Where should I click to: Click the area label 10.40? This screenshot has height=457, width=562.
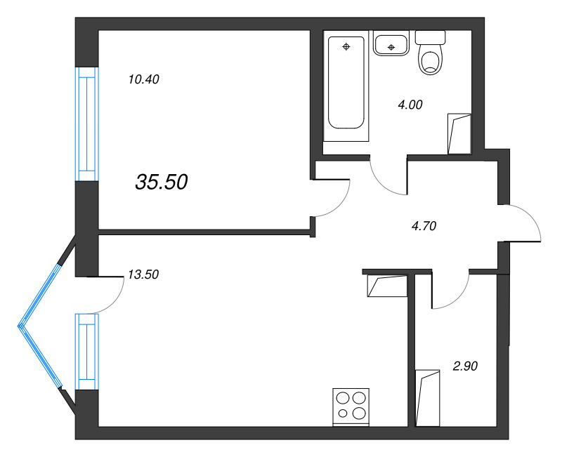click(143, 79)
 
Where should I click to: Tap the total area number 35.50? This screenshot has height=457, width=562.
click(161, 183)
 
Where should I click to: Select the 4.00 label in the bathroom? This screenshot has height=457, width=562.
click(410, 105)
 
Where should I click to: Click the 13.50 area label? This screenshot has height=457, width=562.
click(143, 274)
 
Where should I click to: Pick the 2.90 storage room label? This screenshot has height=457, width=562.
click(465, 366)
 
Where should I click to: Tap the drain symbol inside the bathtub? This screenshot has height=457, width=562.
click(346, 47)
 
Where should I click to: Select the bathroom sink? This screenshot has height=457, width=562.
click(391, 45)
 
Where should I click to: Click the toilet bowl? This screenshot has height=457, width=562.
click(431, 60)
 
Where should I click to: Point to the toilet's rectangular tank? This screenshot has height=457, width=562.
click(431, 37)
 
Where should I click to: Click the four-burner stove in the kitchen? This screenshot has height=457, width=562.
click(351, 406)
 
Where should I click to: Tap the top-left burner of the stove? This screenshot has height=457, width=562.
click(343, 398)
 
